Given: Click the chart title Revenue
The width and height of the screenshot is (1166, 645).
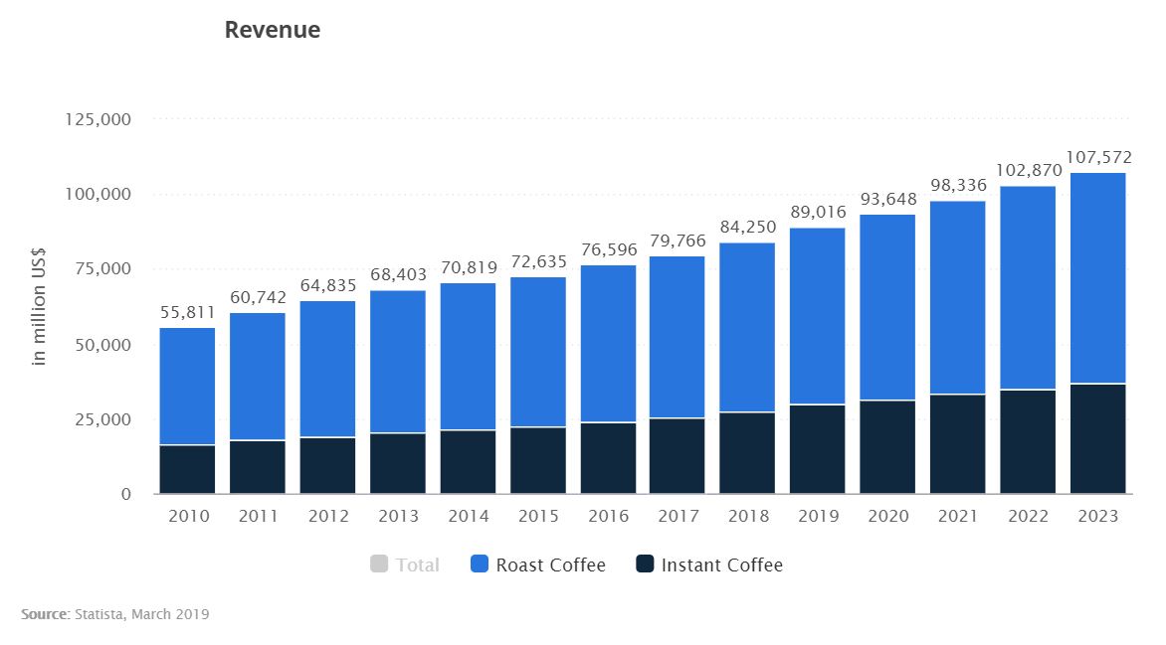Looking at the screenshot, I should pyautogui.click(x=272, y=31).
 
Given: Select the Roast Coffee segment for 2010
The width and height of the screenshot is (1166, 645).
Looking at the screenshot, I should pyautogui.click(x=187, y=386).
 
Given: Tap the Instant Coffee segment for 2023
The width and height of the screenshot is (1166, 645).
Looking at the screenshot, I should pyautogui.click(x=1097, y=438).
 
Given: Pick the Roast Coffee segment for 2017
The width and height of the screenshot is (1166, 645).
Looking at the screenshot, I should pyautogui.click(x=678, y=337).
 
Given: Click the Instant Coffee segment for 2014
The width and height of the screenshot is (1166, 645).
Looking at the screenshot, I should pyautogui.click(x=468, y=461).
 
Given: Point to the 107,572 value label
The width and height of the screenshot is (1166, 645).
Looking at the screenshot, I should pyautogui.click(x=1098, y=157).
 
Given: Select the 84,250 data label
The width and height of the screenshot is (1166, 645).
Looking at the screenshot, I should pyautogui.click(x=747, y=228).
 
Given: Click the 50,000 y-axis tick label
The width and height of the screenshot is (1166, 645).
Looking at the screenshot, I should pyautogui.click(x=104, y=345).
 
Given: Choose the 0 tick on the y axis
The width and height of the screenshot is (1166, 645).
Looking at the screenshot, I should pyautogui.click(x=126, y=494).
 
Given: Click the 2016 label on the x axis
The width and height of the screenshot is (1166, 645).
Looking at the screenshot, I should pyautogui.click(x=608, y=517).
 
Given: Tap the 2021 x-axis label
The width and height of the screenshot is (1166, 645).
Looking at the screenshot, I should pyautogui.click(x=958, y=517).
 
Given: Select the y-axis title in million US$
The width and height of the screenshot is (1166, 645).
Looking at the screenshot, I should pyautogui.click(x=40, y=307).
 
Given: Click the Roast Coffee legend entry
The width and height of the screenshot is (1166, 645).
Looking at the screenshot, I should pyautogui.click(x=538, y=565).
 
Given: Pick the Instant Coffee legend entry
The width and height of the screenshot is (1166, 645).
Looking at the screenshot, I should pyautogui.click(x=708, y=565).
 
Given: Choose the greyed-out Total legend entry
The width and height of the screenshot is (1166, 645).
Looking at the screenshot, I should pyautogui.click(x=405, y=565).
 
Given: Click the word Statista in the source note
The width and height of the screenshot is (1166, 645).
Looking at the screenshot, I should pyautogui.click(x=97, y=615).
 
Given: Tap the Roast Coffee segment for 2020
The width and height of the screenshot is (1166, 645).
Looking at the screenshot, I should pyautogui.click(x=887, y=307).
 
